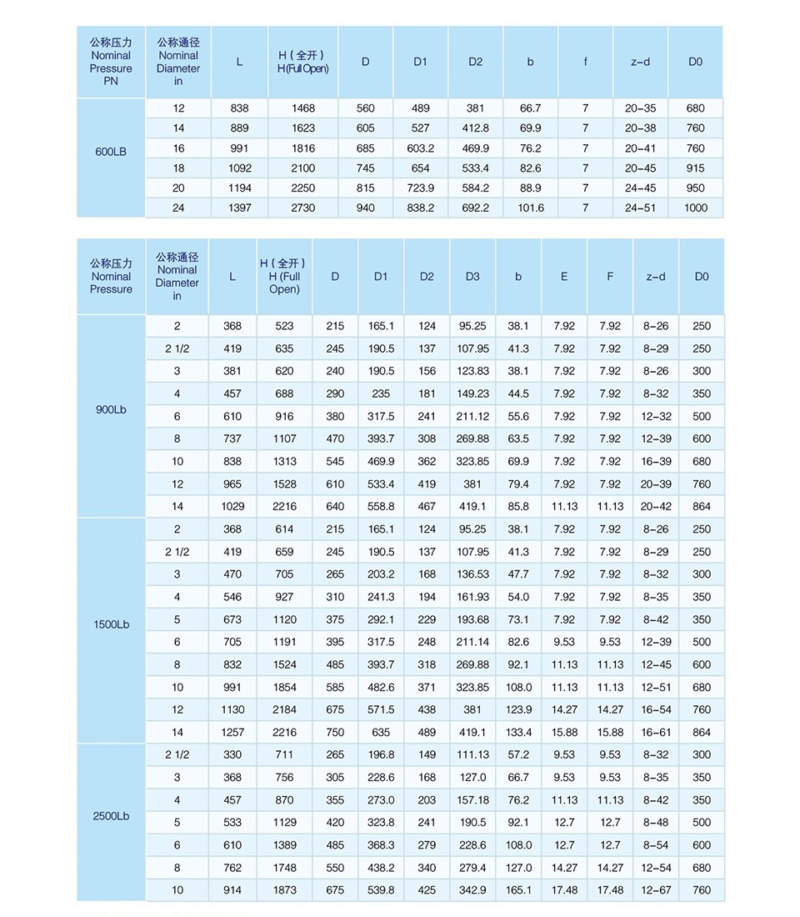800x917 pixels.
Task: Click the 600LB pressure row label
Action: (111, 153)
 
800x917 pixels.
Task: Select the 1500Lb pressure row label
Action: (111, 624)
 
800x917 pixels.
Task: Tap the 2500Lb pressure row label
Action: (111, 816)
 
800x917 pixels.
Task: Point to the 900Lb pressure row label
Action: (111, 410)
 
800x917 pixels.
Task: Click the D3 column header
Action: (472, 277)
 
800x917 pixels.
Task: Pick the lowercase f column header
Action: (585, 62)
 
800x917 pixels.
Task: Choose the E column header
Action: (564, 277)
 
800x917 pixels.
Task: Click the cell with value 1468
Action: (303, 108)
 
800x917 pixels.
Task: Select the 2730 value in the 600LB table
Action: (303, 208)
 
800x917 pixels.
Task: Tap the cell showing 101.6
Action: (531, 208)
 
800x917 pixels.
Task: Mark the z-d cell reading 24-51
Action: (640, 208)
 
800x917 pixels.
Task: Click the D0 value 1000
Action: (695, 208)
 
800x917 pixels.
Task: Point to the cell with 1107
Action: (284, 438)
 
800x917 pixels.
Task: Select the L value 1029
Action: (232, 506)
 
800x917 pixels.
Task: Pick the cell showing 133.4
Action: (518, 732)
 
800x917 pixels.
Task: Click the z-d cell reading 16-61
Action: (655, 732)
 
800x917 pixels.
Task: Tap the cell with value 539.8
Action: (381, 889)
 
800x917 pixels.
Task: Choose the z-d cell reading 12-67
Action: (655, 889)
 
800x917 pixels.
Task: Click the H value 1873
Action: (284, 889)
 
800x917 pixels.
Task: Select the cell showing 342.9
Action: (472, 889)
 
